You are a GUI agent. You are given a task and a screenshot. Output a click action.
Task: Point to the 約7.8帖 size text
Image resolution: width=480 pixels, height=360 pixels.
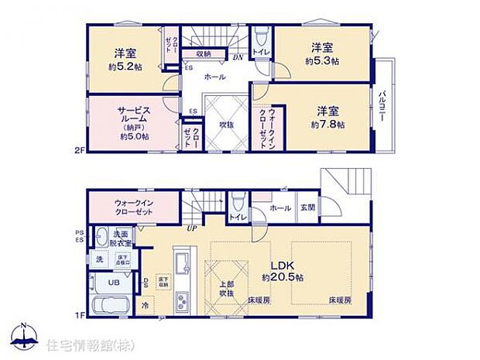point(327,124)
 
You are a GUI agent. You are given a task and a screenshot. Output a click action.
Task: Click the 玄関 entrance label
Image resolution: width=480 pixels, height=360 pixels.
point(307,207)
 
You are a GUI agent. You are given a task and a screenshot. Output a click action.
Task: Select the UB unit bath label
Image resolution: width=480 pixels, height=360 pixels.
point(113,283)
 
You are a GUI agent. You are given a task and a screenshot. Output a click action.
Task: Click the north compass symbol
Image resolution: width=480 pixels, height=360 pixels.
point(24,338)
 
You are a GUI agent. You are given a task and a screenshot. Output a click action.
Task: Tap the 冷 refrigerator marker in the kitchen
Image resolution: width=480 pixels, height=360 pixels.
point(146,304)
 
